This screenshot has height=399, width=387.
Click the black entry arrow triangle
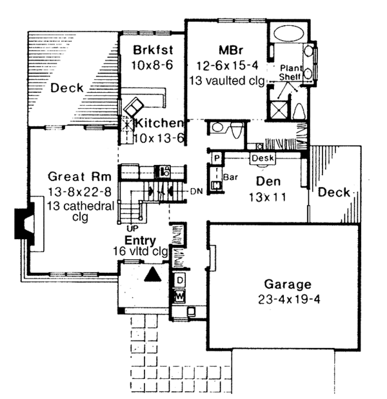pyautogui.click(x=152, y=275)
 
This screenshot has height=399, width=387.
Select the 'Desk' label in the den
pyautogui.click(x=263, y=158)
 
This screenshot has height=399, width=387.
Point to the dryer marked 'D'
pyautogui.click(x=180, y=280)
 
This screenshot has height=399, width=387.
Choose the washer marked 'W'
pyautogui.click(x=180, y=296)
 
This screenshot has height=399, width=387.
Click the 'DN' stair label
pyautogui.click(x=197, y=191)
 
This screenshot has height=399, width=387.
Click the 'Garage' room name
pyautogui.click(x=288, y=284)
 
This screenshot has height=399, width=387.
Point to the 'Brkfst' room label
pyautogui.click(x=151, y=49)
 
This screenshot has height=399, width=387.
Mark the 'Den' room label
pyautogui.click(x=265, y=182)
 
